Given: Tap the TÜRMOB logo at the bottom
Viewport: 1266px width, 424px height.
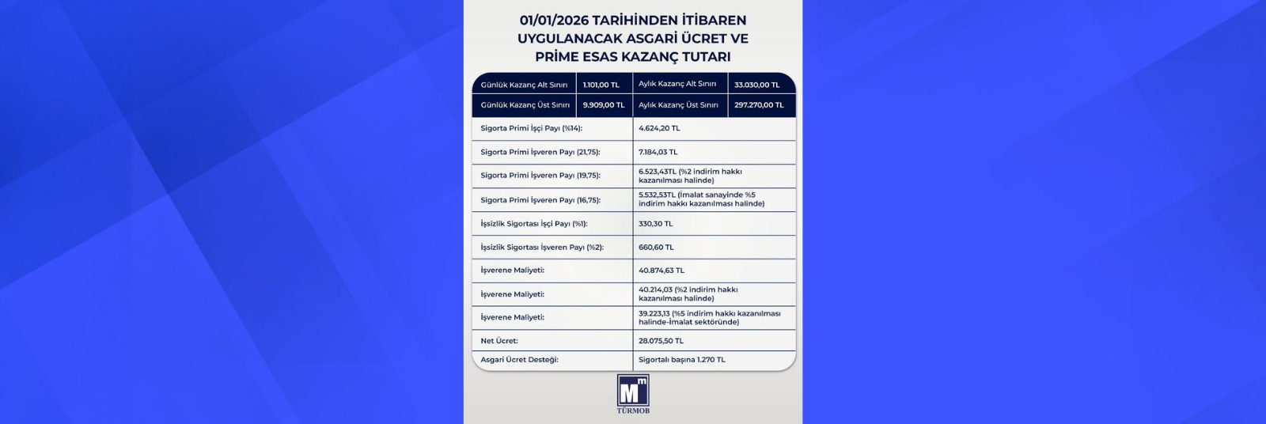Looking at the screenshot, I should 633,393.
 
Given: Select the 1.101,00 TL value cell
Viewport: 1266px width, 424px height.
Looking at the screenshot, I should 601,85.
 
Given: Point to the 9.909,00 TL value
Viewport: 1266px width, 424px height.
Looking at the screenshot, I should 603,105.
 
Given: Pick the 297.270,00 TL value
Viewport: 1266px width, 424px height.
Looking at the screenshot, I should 759,105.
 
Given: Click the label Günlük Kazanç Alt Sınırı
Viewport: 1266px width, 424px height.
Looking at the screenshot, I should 524,85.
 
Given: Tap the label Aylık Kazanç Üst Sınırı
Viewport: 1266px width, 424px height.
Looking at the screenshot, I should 678,105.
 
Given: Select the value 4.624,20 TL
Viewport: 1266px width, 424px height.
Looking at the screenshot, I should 659,128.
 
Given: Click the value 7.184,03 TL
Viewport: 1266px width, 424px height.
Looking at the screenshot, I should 658,152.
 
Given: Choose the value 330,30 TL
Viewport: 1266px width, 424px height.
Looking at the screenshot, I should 656,224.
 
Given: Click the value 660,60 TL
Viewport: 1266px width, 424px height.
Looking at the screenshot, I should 657,248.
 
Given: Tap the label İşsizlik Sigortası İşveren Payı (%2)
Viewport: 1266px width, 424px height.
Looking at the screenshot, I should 542,248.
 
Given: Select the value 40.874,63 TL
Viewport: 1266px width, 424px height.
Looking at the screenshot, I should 661,271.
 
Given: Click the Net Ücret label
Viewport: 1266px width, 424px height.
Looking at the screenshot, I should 499,341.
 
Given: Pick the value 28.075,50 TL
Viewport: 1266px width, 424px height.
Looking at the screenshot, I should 661,341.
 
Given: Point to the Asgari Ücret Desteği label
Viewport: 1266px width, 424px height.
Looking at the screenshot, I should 519,360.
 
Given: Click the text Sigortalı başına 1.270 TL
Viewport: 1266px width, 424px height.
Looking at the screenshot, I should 682,360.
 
